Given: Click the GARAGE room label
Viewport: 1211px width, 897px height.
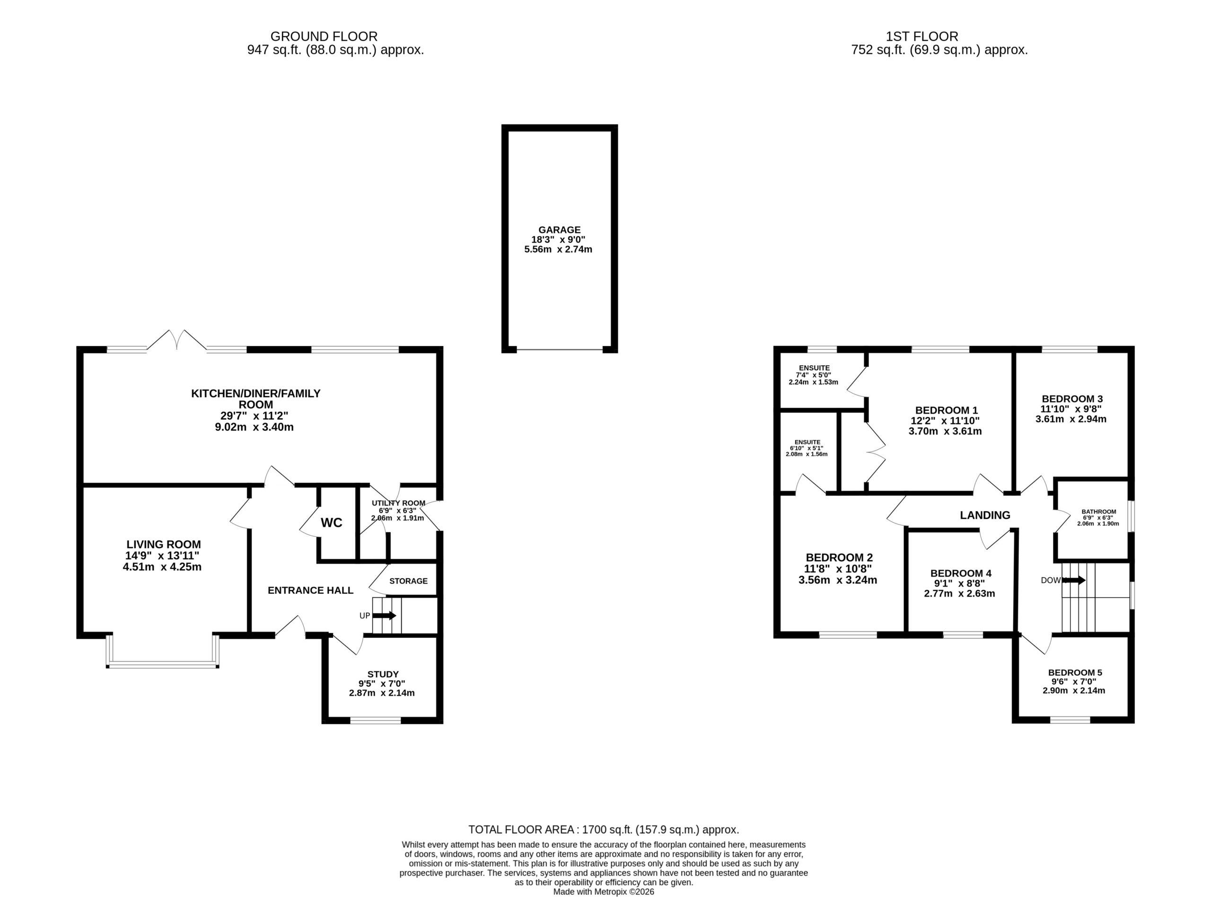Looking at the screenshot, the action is coord(559,230).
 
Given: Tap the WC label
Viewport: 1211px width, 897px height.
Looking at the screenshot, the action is coord(331,523).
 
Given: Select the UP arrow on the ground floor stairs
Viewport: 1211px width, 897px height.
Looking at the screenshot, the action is coord(385,615).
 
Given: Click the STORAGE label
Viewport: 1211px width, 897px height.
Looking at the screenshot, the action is coord(408,581).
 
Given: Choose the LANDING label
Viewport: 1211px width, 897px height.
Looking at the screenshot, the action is coord(985,515).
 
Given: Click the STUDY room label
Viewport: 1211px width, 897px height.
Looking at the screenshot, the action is coord(383,674).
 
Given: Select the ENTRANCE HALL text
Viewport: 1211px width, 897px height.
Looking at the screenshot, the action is coord(311,590).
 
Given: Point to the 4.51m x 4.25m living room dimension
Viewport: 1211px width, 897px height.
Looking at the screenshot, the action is coord(162,567).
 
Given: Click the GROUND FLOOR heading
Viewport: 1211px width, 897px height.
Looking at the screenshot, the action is coord(324,36).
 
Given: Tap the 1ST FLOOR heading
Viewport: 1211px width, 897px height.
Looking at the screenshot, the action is coord(922,36).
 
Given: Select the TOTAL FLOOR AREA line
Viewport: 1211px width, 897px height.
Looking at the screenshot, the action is coord(604,830).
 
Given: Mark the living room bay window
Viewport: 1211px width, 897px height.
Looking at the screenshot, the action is coord(163,651).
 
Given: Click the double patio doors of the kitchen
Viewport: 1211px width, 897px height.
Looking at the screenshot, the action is coord(177,340).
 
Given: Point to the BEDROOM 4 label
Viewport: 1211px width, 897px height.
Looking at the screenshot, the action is coord(961,574).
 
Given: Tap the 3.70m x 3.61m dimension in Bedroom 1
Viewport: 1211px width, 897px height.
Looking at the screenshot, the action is coord(945,432).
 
